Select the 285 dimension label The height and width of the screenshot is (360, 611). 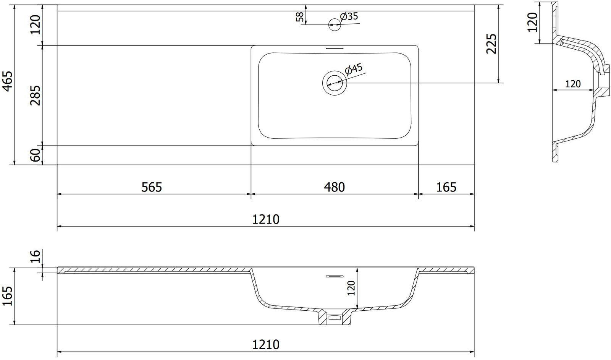[x=36, y=96]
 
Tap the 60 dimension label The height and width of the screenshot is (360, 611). [x=36, y=155]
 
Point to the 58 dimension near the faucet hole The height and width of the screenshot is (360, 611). [x=300, y=17]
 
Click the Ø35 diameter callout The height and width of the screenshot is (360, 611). [x=349, y=16]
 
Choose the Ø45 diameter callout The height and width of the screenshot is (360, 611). [x=354, y=69]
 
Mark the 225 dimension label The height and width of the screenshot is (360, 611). [x=492, y=44]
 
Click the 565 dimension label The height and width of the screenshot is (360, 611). [x=152, y=187]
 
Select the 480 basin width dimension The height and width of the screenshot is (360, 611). [x=335, y=187]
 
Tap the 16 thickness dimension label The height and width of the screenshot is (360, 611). [x=36, y=256]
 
